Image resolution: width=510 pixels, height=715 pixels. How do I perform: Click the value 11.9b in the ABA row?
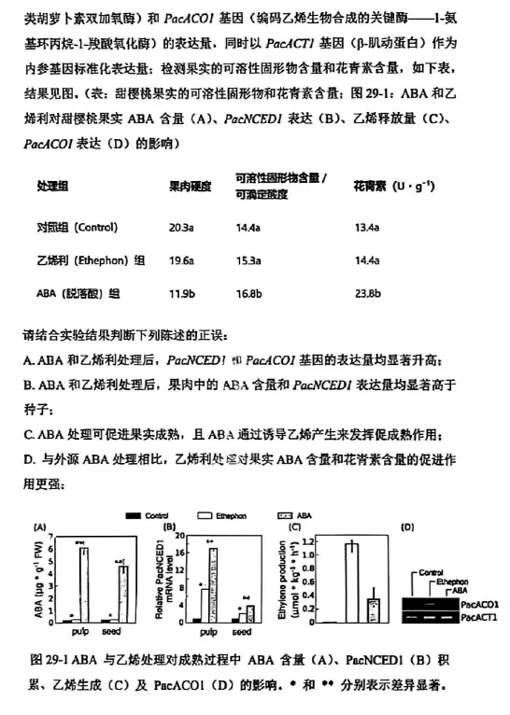[x=181, y=293]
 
